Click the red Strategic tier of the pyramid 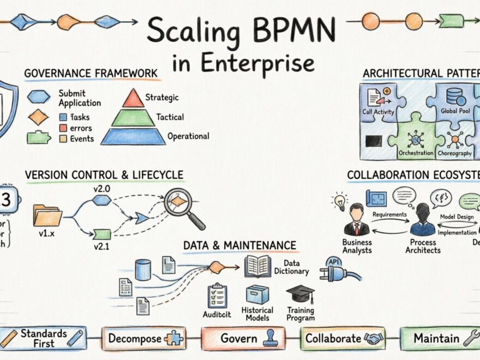(133, 99)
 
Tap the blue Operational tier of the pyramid (133, 136)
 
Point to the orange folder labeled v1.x (47, 215)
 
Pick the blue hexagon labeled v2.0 (101, 200)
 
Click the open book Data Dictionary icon (257, 266)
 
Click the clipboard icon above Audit (217, 296)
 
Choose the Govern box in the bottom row (243, 338)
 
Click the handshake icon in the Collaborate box (373, 339)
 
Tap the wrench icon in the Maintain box (470, 339)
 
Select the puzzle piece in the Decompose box (173, 338)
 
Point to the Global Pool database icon (455, 97)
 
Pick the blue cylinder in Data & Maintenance (143, 269)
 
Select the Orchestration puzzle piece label (416, 153)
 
